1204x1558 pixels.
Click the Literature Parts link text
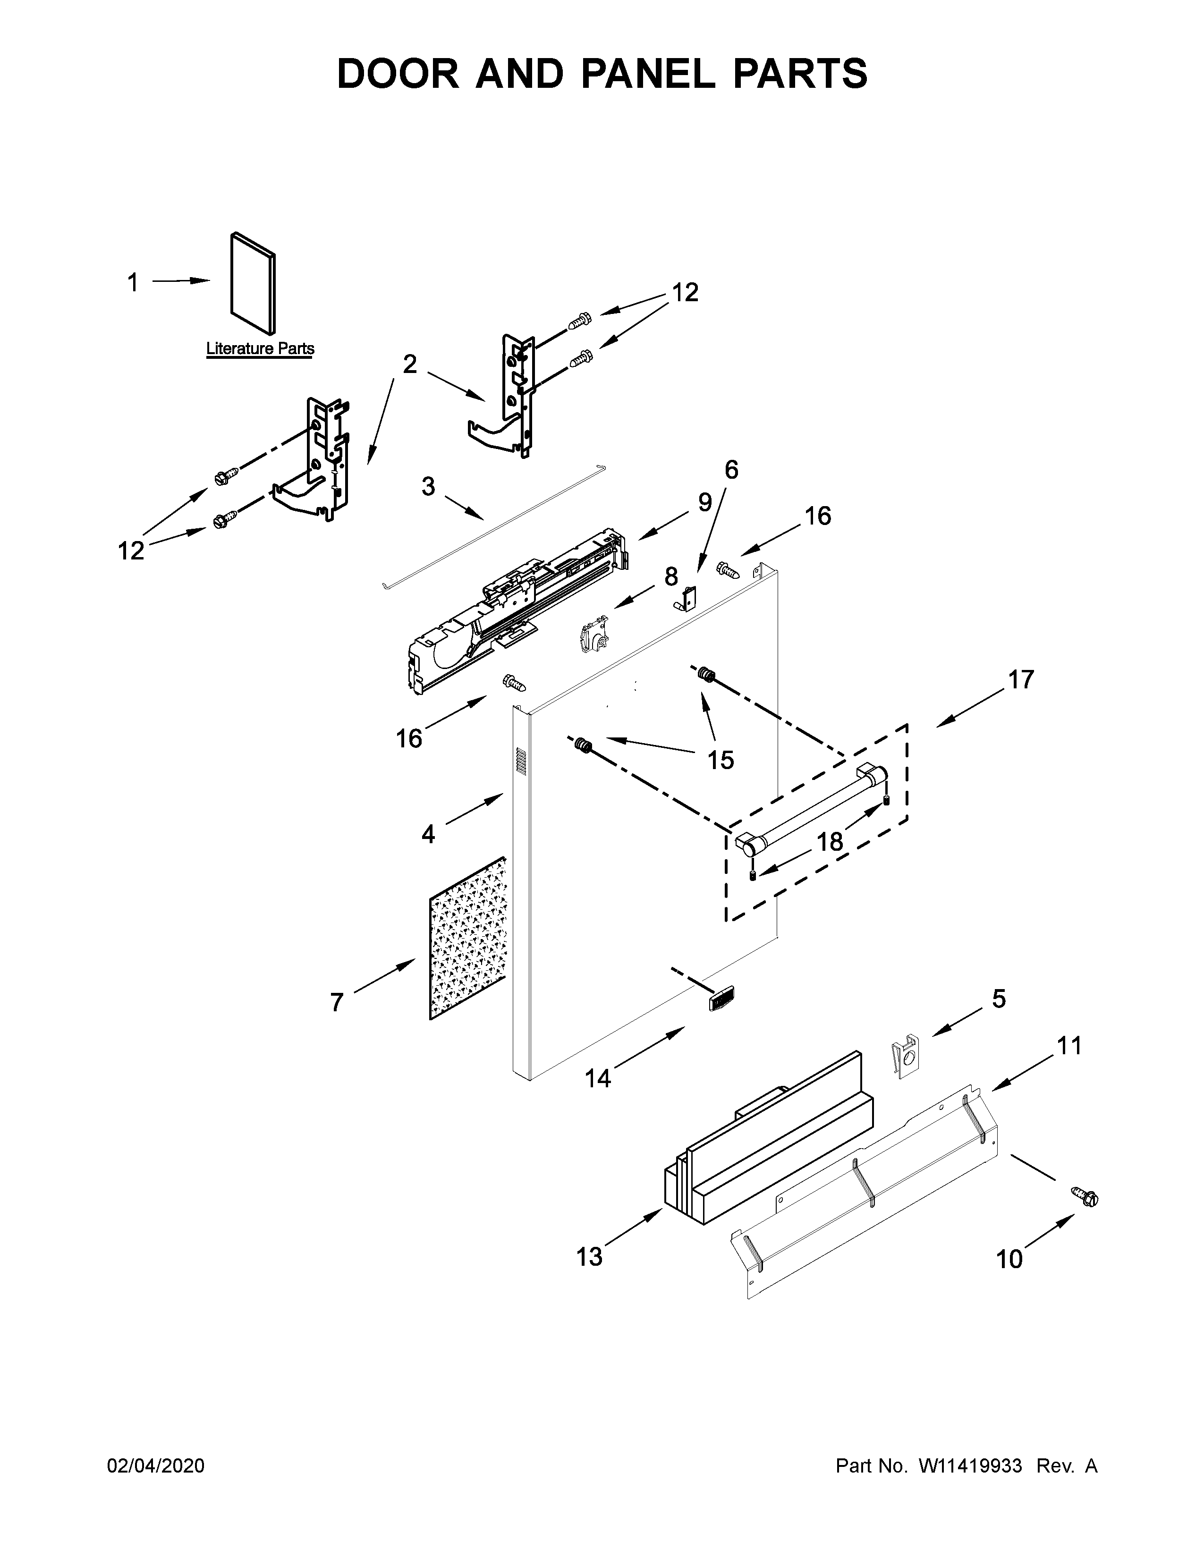[x=260, y=349]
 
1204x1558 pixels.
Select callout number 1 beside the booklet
[x=133, y=283]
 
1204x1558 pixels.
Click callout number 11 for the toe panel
[x=1069, y=1046]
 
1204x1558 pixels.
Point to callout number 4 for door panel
[x=427, y=833]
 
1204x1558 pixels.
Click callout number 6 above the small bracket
[x=731, y=469]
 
